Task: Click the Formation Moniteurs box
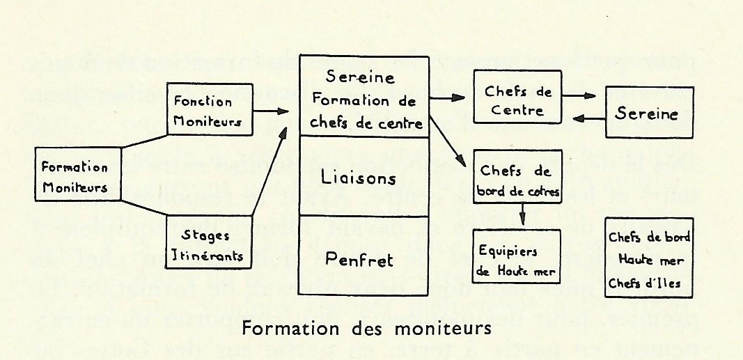[75, 177]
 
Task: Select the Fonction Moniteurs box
[208, 109]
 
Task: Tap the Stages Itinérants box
[207, 244]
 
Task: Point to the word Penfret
[360, 260]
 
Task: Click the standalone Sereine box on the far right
[649, 113]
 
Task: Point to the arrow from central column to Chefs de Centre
[450, 99]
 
